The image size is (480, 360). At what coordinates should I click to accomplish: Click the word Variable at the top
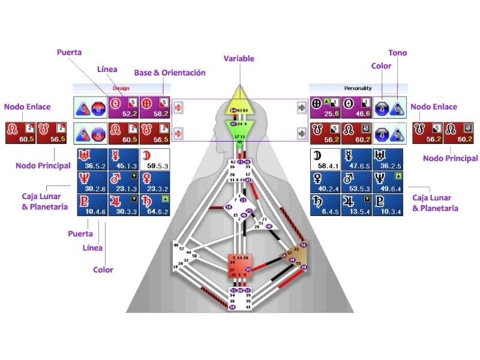coord(239,59)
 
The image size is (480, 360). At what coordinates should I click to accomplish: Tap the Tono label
coord(397,53)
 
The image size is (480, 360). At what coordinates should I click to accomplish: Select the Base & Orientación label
coord(170,73)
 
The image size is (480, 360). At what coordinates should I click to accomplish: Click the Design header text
coord(121,88)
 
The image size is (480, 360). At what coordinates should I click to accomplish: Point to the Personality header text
coord(358,88)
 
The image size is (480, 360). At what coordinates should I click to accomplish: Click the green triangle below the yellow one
coord(239,128)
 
